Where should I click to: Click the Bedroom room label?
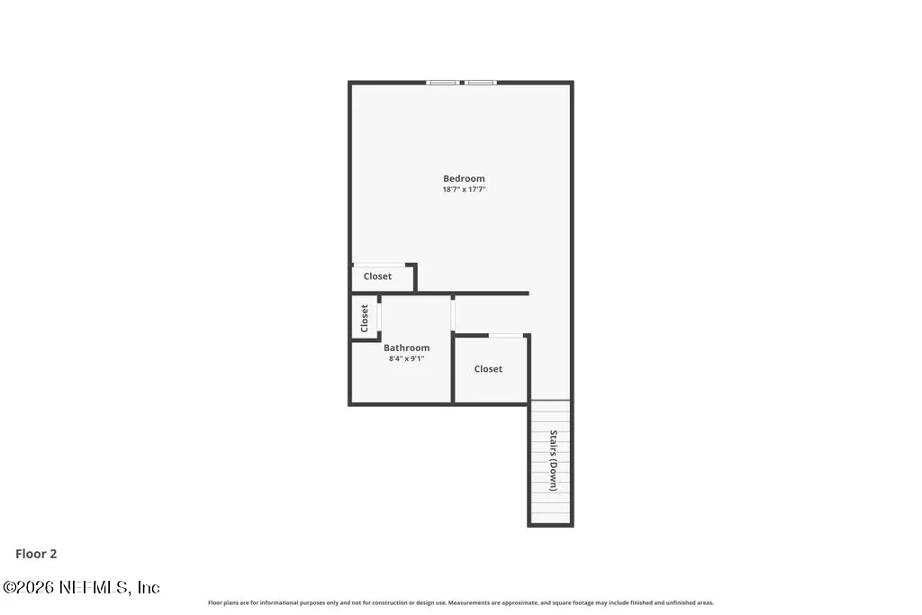point(464,178)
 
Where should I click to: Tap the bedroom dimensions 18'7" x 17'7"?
point(464,189)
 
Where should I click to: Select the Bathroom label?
point(406,348)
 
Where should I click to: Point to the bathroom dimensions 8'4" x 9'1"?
point(406,358)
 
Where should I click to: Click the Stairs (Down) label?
point(554,460)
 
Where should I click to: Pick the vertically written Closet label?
point(365,318)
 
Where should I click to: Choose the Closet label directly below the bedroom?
point(377,276)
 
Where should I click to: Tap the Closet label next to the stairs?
point(488,368)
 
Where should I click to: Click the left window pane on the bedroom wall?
point(443,83)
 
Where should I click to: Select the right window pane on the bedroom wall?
point(481,83)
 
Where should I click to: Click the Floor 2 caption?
point(36,554)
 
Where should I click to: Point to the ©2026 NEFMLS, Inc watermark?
point(81,587)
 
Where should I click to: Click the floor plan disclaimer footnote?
point(460,602)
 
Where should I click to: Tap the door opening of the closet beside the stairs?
point(506,336)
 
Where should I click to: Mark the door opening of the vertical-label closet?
point(379,318)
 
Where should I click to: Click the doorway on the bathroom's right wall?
point(453,314)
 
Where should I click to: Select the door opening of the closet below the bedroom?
point(379,265)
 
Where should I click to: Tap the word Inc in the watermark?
point(149,587)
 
